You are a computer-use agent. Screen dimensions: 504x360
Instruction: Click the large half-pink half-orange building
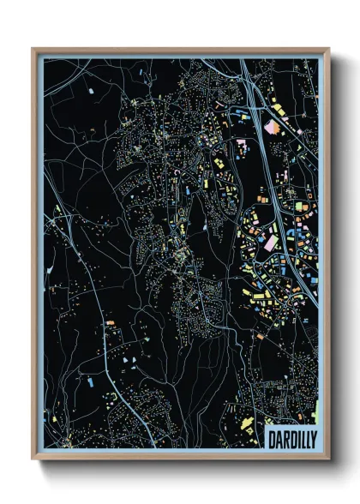pos(273,128)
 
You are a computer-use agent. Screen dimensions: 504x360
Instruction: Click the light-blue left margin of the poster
pos(39,257)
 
